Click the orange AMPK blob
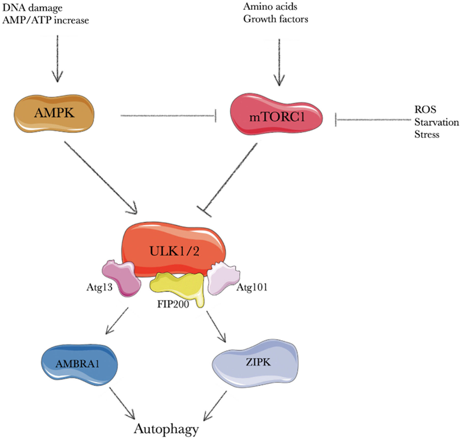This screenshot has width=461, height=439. [54, 113]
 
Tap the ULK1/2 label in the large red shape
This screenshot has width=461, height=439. [174, 251]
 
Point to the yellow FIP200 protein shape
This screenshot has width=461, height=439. [178, 285]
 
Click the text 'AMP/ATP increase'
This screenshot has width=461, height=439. [46, 20]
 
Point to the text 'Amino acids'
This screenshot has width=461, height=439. [270, 7]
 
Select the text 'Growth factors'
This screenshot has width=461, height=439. [276, 19]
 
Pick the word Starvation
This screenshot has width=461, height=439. [437, 122]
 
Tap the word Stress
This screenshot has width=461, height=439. [427, 135]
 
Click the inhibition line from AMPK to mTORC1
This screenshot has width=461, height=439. [168, 116]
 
